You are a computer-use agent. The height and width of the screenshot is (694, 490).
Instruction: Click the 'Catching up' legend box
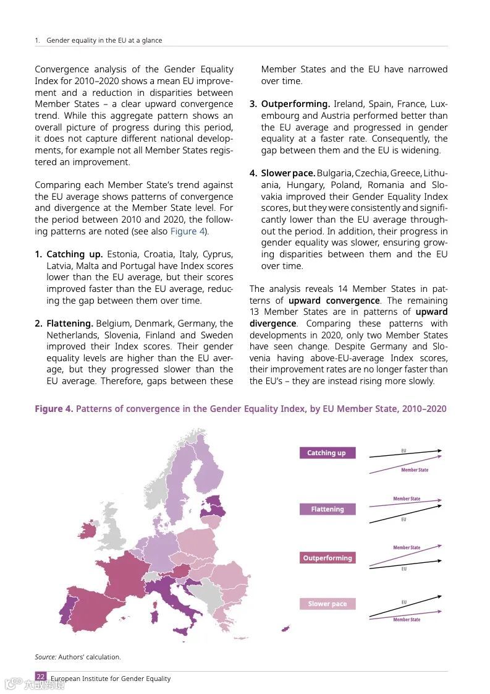pos(327,453)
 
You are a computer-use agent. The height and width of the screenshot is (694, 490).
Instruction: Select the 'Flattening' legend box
pos(327,509)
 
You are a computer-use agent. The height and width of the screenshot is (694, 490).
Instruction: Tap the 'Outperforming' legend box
pos(327,558)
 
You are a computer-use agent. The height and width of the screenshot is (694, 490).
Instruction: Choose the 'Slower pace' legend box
pos(327,604)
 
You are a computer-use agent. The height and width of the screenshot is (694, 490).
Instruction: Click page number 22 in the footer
pos(40,677)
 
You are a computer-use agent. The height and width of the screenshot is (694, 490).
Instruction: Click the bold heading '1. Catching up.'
pos(69,254)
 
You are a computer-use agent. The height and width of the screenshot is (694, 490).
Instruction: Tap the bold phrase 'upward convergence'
pos(334,301)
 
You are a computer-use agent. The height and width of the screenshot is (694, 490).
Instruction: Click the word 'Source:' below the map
pos(45,657)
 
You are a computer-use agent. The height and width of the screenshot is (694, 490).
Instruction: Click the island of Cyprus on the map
pos(285,629)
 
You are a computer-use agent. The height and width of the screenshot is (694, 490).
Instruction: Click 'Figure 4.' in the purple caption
pos(53,409)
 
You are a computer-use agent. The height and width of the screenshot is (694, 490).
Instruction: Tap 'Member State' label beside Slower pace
pos(407,620)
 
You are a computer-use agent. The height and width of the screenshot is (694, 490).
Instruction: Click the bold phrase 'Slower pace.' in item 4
pos(287,173)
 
